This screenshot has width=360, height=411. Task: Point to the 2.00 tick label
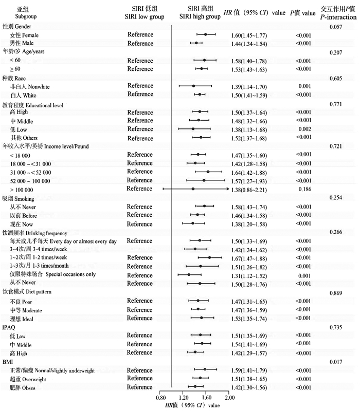(229, 397)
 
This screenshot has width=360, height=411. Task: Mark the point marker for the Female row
(206, 35)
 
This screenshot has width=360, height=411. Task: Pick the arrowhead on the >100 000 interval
(228, 189)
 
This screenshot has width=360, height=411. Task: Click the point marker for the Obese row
(195, 386)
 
